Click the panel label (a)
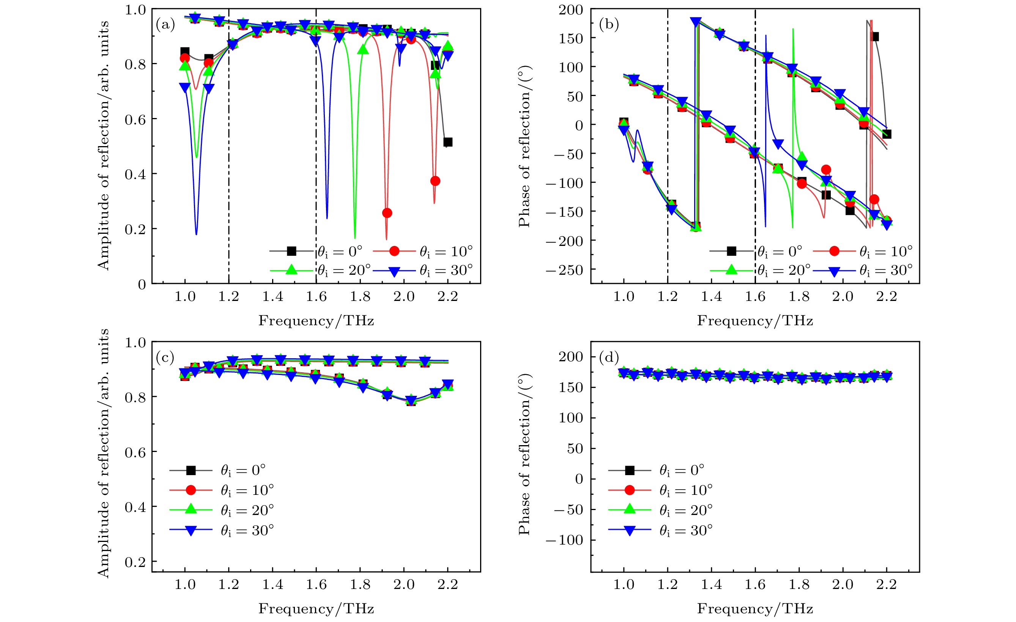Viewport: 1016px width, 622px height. [165, 25]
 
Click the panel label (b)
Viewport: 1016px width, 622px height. [609, 25]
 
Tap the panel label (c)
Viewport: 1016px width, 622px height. [165, 357]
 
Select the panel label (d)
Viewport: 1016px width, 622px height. [609, 357]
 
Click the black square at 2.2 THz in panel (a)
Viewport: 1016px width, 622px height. [448, 142]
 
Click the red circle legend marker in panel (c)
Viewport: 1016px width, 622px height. [191, 490]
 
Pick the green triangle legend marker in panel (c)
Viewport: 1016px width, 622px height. [191, 510]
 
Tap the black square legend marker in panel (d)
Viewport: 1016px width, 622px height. [630, 470]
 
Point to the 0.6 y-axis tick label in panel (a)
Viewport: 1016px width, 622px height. [135, 120]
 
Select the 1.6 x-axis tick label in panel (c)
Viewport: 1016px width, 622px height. [316, 584]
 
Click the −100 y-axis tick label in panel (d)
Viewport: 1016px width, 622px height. [564, 540]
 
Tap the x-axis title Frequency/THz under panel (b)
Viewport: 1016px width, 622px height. [755, 321]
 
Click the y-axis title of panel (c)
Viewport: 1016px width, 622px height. [103, 454]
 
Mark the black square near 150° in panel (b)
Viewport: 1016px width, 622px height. [874, 37]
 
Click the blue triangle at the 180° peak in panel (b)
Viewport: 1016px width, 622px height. [696, 22]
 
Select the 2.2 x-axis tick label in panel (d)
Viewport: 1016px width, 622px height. [887, 584]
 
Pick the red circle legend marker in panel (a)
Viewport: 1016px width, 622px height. [394, 250]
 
